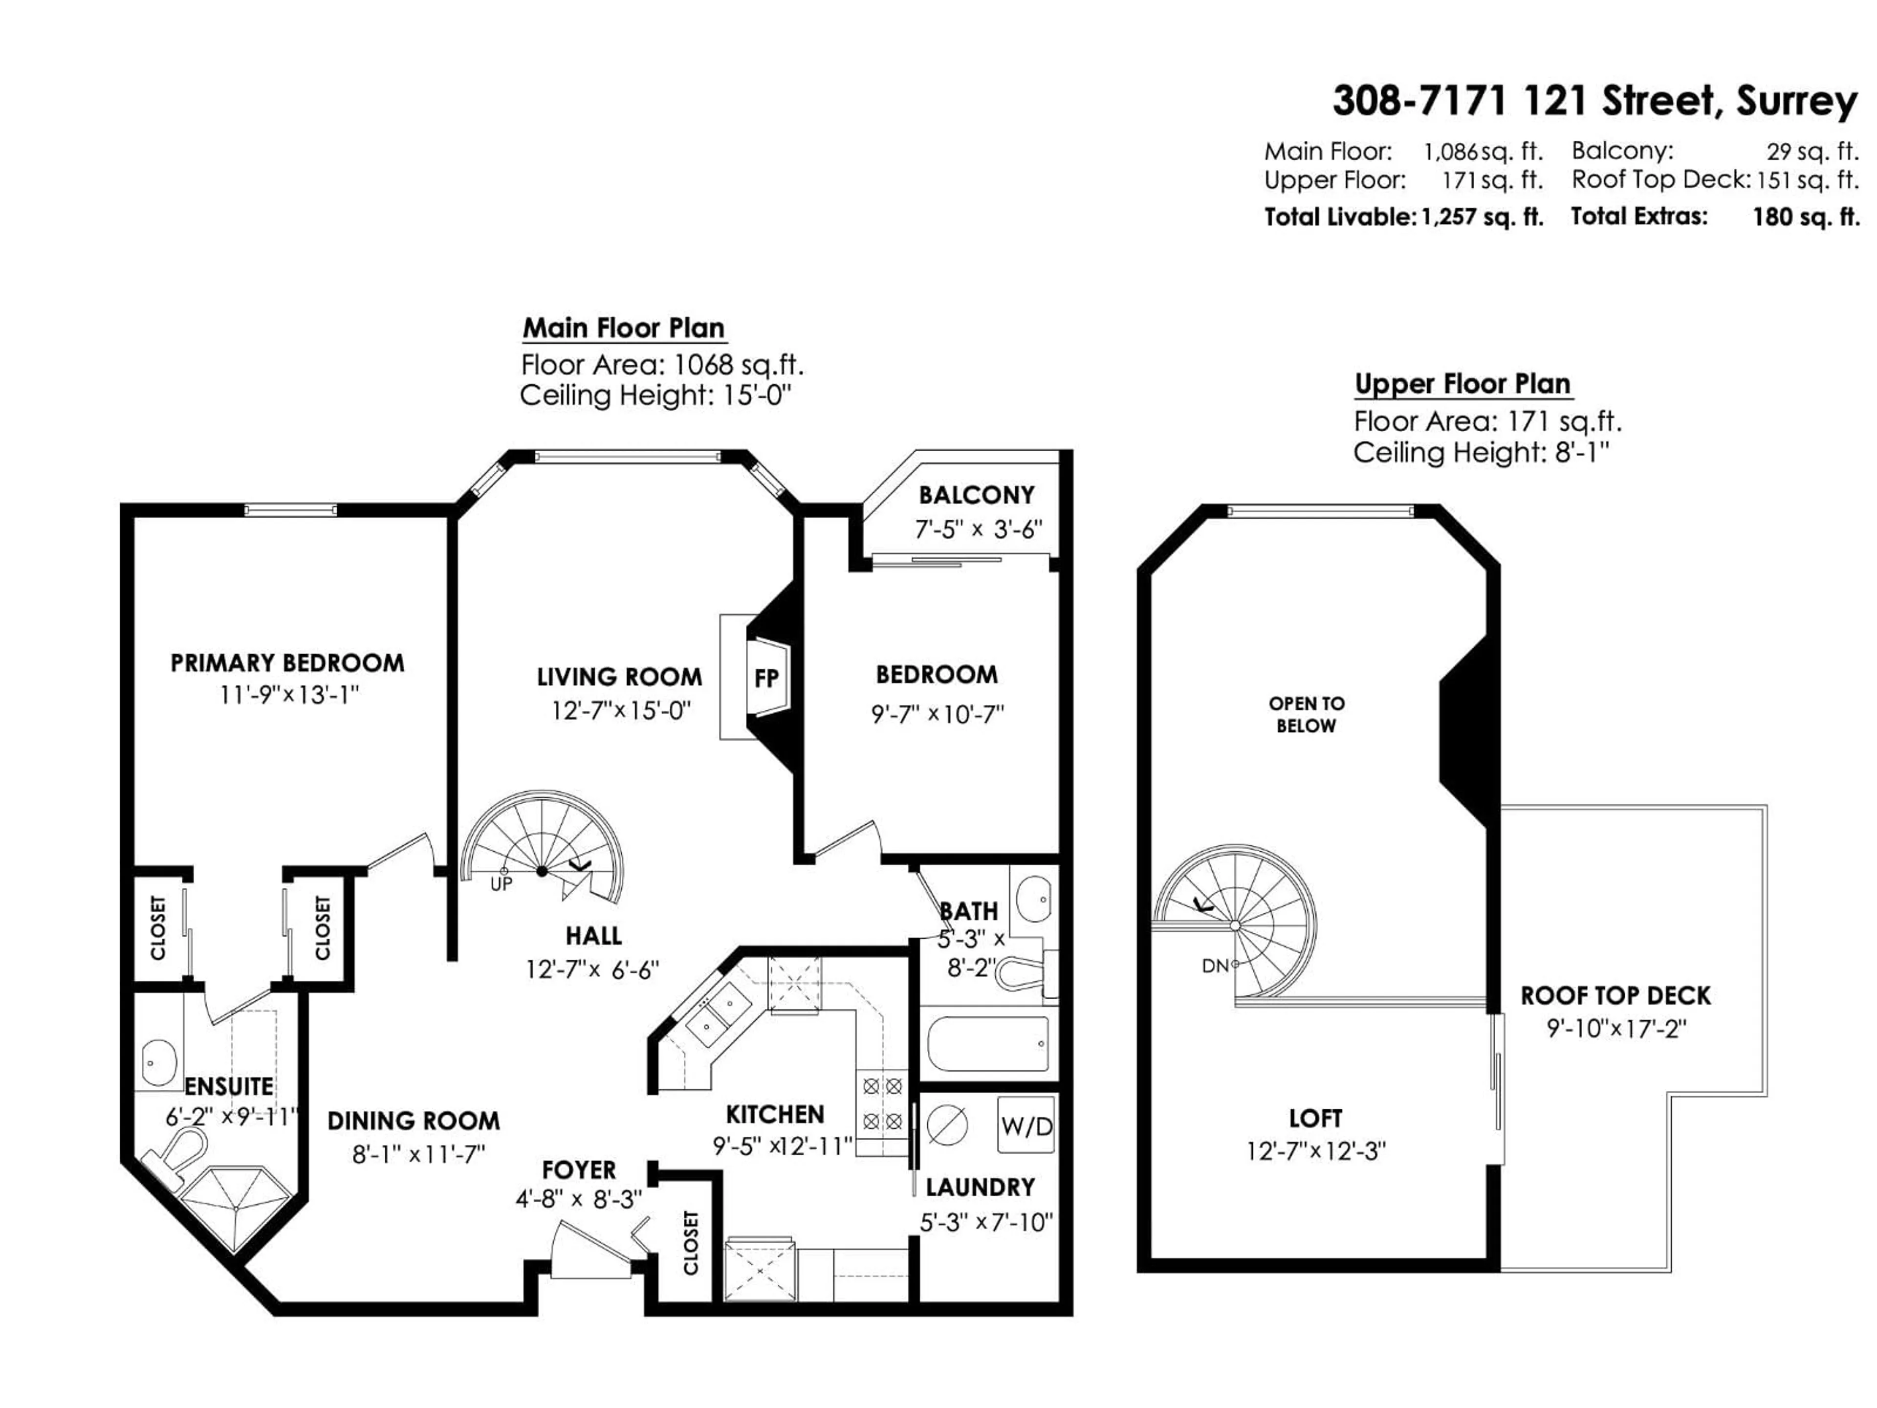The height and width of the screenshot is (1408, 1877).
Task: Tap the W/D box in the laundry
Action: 1026,1127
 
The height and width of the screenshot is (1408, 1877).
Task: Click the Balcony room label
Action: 977,495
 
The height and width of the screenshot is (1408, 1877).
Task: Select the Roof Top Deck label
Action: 1615,995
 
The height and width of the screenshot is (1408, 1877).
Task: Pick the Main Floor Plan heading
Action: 624,328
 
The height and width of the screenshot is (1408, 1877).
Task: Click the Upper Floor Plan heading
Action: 1463,384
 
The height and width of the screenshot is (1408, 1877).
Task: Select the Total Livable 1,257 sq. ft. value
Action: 1482,217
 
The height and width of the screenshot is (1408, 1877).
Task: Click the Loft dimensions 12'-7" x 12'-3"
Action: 1315,1152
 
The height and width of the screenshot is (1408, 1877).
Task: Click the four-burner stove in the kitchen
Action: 882,1103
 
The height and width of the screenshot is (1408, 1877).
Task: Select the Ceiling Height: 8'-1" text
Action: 1481,452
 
